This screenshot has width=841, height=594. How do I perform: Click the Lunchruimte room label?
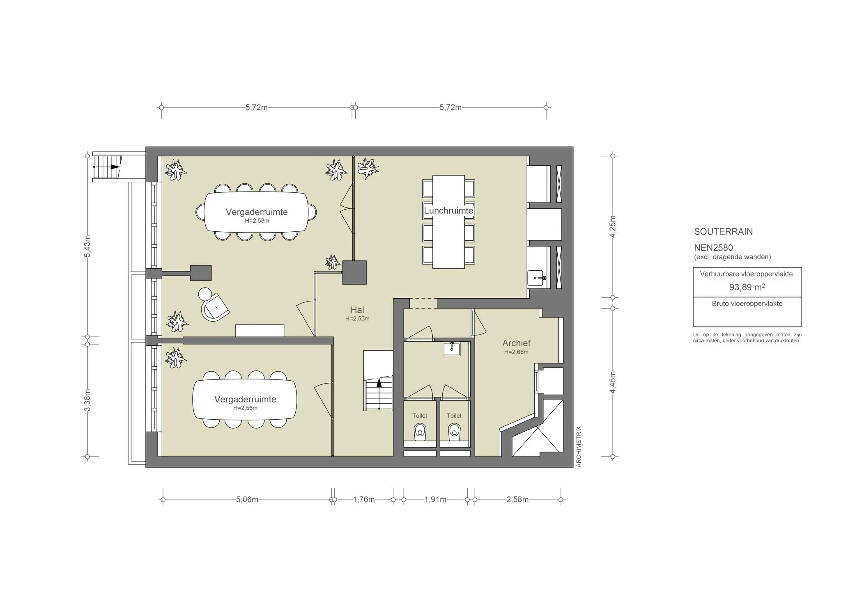[x=448, y=211]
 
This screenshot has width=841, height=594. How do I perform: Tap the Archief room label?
[x=516, y=343]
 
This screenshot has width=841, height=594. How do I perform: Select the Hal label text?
[x=357, y=310]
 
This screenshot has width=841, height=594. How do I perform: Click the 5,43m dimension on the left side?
[x=87, y=246]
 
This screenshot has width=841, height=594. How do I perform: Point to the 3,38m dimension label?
[x=87, y=400]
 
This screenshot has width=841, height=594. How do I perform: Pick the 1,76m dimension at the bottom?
[x=364, y=500]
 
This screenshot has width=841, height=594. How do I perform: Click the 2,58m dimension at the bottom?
[x=517, y=500]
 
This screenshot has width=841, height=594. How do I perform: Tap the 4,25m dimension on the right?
[x=613, y=226]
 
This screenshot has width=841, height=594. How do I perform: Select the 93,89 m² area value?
[x=747, y=287]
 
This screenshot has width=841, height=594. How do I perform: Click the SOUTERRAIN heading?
[x=723, y=231]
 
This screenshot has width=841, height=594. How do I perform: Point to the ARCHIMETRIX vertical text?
[x=579, y=447]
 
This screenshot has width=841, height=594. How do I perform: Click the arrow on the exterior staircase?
[x=115, y=167]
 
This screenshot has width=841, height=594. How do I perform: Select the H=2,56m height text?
[x=245, y=408]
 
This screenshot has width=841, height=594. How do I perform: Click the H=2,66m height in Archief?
[x=516, y=352]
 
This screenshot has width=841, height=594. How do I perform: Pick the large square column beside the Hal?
[x=354, y=272]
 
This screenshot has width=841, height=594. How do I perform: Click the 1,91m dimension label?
[x=435, y=500]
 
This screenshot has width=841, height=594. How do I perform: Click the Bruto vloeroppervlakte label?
[x=747, y=304]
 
